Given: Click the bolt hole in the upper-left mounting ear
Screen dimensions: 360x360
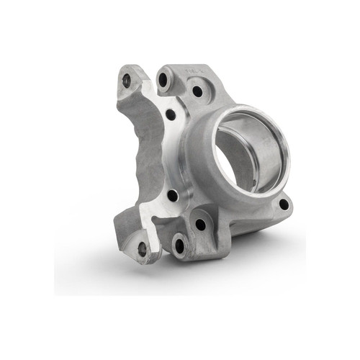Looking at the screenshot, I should (x=127, y=81).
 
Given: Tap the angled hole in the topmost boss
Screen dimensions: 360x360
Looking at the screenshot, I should (x=163, y=78).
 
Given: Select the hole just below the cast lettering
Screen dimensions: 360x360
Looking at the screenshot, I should (x=197, y=91).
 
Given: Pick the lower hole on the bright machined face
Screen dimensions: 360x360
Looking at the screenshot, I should (x=173, y=195).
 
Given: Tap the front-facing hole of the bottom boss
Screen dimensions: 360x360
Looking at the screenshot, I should (x=179, y=246).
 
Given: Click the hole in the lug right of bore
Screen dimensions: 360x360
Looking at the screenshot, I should (x=284, y=204).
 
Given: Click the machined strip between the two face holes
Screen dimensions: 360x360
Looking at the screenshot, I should (x=171, y=155).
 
